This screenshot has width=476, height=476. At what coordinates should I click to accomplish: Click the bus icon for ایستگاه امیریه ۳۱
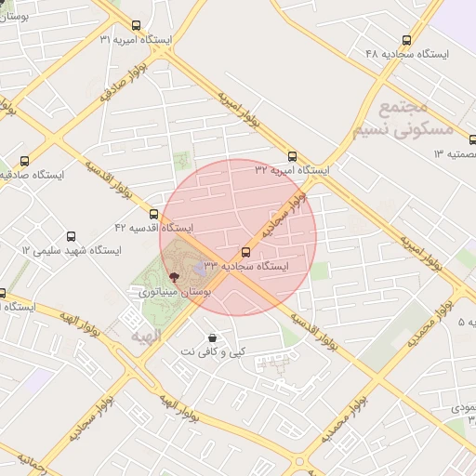137,26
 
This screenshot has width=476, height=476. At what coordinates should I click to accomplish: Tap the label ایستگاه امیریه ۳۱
136,40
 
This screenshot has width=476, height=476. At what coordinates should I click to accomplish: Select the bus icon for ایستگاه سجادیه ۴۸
406,40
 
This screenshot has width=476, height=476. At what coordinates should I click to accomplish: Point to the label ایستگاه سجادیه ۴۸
407,54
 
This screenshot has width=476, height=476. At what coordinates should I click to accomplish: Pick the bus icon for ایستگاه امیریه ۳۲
293,156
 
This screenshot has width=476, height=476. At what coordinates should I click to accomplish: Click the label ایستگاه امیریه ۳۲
293,170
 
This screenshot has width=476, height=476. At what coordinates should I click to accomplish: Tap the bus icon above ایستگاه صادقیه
24,159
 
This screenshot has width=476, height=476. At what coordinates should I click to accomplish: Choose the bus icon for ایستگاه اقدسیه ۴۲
153,214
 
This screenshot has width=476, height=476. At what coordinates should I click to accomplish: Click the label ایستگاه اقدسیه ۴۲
153,227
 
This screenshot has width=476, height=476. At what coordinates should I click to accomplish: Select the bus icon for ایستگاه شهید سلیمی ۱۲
72,236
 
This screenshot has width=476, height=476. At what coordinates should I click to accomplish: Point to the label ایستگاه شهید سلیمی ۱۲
72,250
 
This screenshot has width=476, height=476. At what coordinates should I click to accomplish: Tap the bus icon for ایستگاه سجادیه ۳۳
246,252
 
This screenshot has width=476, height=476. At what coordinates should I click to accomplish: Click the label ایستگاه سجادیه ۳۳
246,266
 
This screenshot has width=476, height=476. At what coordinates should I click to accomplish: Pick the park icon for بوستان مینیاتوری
175,277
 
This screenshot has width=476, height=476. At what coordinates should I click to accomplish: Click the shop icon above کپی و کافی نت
214,337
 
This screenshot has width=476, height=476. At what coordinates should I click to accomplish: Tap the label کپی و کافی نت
214,351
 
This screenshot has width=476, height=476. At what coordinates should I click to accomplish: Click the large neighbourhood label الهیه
147,333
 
